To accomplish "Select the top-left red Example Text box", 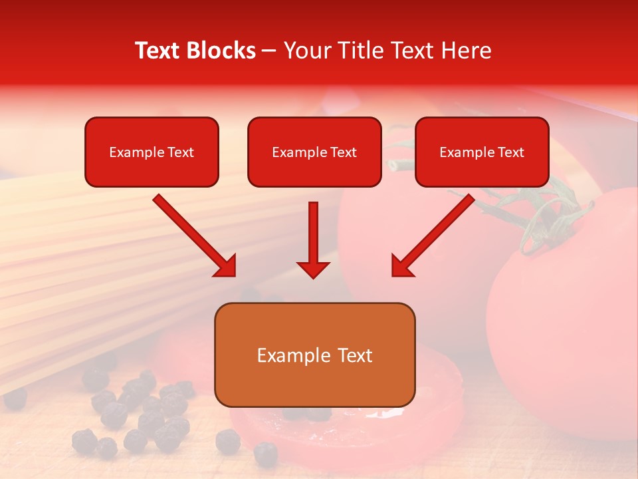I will (152, 152).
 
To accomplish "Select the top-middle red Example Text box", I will (314, 152).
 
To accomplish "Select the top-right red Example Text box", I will (482, 152).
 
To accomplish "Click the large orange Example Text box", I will (314, 355).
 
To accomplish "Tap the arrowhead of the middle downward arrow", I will (313, 269).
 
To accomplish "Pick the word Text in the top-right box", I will (510, 152).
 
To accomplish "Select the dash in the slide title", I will (269, 51).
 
